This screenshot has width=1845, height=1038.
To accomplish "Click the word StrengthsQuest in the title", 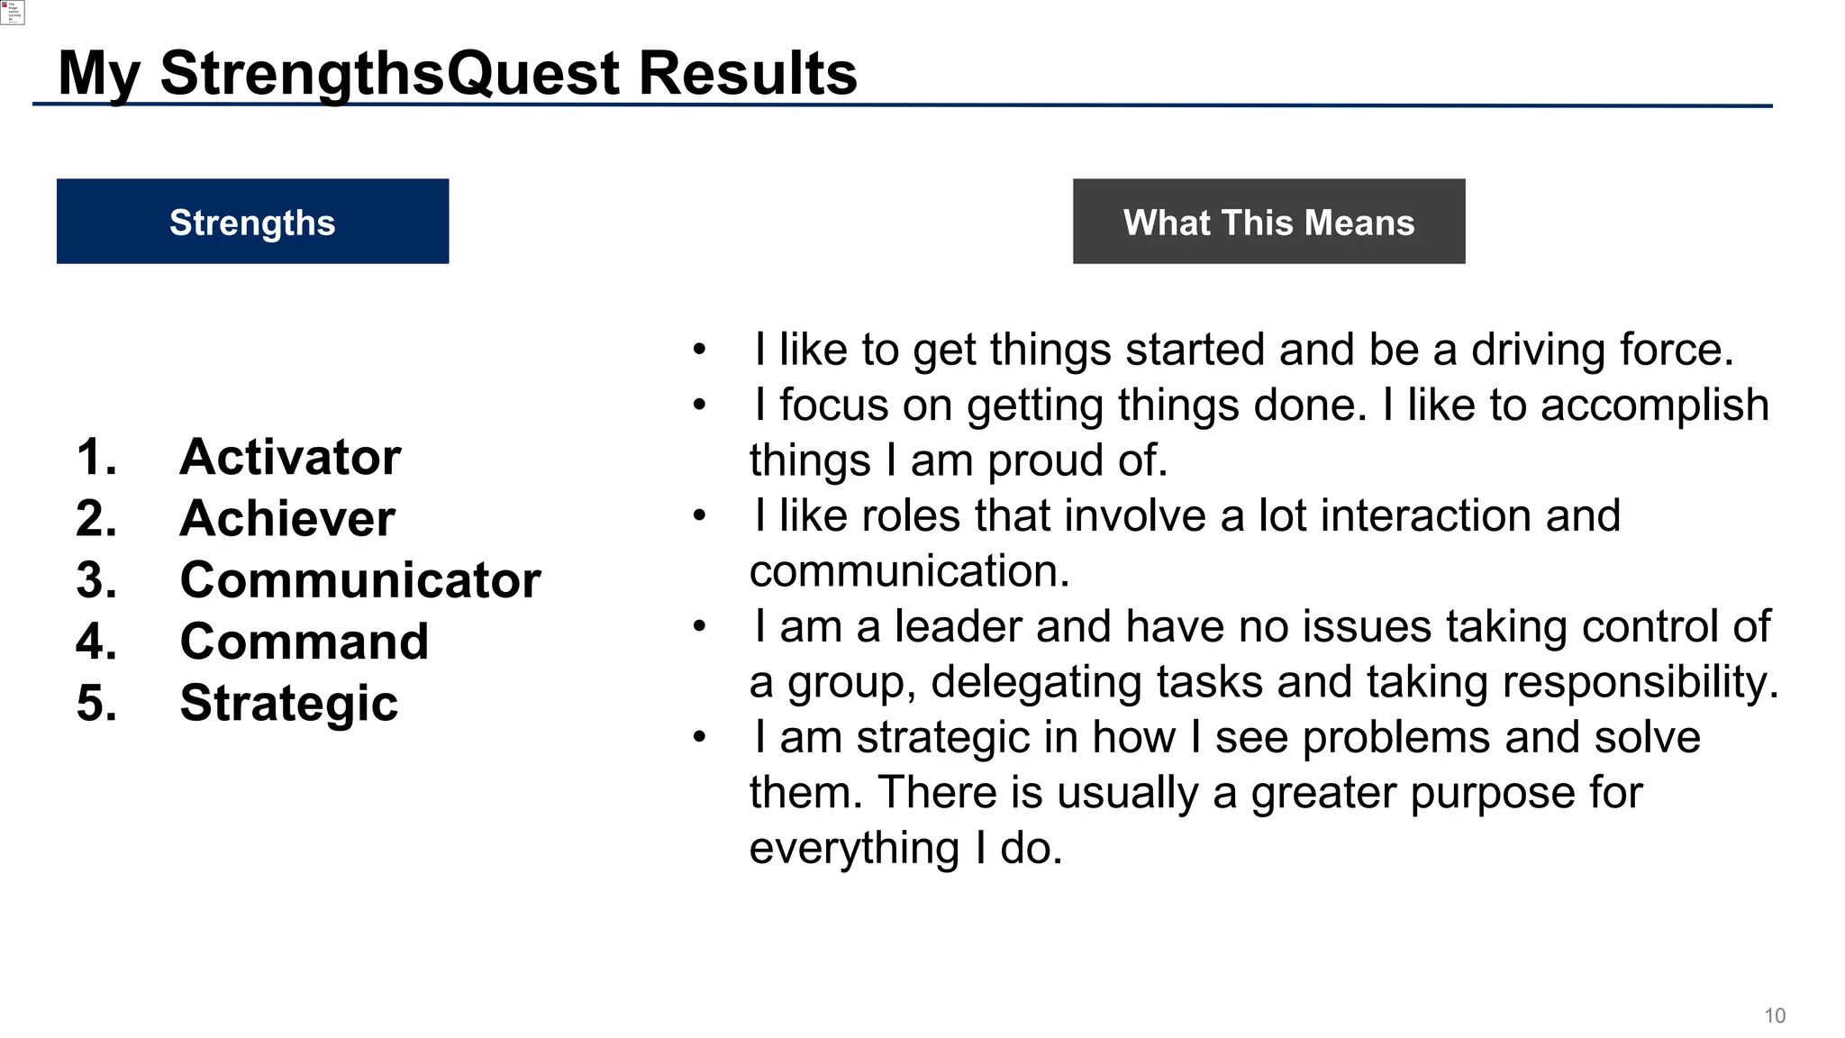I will point(391,74).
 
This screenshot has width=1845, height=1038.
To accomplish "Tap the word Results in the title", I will point(748,74).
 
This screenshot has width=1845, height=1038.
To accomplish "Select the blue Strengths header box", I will point(252,222).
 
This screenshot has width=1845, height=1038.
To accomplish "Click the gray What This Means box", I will point(1268,222).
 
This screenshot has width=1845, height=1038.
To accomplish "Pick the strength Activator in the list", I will point(290,457).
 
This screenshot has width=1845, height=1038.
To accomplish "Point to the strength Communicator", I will point(360,579).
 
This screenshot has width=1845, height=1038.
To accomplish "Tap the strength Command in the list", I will point(304,642).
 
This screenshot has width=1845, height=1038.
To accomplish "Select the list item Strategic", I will point(288,703).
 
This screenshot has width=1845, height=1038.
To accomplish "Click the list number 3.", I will point(96,579).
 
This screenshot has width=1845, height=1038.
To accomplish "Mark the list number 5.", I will point(96,703).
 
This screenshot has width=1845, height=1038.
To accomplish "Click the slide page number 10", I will point(1774,1016).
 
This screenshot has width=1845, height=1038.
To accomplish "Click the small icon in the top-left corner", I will point(12,12).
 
